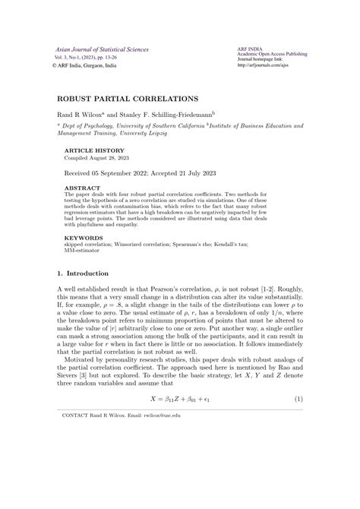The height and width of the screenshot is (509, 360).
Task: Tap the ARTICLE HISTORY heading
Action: (89, 151)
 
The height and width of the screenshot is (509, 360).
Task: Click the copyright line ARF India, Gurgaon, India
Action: (87, 65)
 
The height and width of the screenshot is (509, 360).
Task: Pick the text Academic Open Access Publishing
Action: (273, 55)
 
